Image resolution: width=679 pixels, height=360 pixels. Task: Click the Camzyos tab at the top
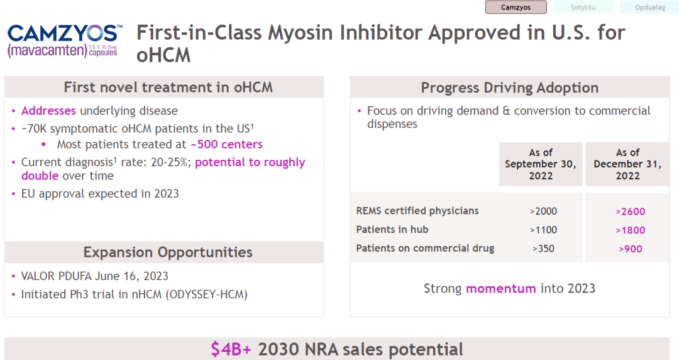click(x=516, y=8)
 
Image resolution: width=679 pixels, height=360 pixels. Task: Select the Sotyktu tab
click(x=583, y=8)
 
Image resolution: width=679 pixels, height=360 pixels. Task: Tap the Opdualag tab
click(x=649, y=8)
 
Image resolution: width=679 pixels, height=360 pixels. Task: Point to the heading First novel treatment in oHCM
click(x=168, y=87)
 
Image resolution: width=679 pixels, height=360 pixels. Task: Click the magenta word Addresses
click(x=48, y=111)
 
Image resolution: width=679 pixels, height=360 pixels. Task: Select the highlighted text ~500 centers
click(x=226, y=144)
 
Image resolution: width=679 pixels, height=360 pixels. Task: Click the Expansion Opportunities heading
click(x=168, y=252)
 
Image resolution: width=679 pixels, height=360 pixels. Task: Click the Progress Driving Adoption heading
click(x=510, y=87)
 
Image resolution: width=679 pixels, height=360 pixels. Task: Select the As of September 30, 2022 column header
click(x=541, y=164)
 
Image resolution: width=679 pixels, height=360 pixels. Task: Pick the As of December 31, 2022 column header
click(x=627, y=164)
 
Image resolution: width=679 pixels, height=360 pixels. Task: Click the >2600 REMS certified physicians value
click(x=630, y=211)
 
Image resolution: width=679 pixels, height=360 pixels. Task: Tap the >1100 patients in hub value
click(x=543, y=230)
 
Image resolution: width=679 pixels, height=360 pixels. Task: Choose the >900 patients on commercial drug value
click(x=631, y=249)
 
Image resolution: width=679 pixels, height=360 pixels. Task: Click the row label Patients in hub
click(x=392, y=230)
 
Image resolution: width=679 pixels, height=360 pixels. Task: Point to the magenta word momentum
click(x=501, y=288)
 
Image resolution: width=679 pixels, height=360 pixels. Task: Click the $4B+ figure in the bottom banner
click(x=231, y=349)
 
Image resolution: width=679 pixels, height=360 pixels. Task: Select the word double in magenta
click(x=40, y=176)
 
